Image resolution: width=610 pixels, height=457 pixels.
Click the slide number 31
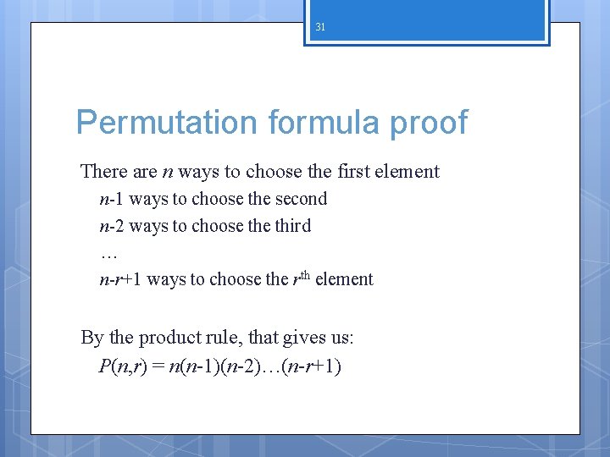[320, 27]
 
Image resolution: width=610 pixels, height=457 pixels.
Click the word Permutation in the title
[167, 123]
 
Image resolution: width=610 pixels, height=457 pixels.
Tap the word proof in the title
[430, 123]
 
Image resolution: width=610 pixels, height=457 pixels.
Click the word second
[299, 199]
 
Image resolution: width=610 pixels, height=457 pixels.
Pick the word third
[292, 226]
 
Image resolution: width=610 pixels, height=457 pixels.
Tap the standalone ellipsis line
[108, 253]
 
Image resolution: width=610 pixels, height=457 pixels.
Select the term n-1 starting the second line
[112, 199]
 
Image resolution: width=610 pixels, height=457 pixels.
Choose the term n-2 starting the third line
[112, 226]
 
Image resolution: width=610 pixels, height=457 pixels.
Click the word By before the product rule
[91, 338]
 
